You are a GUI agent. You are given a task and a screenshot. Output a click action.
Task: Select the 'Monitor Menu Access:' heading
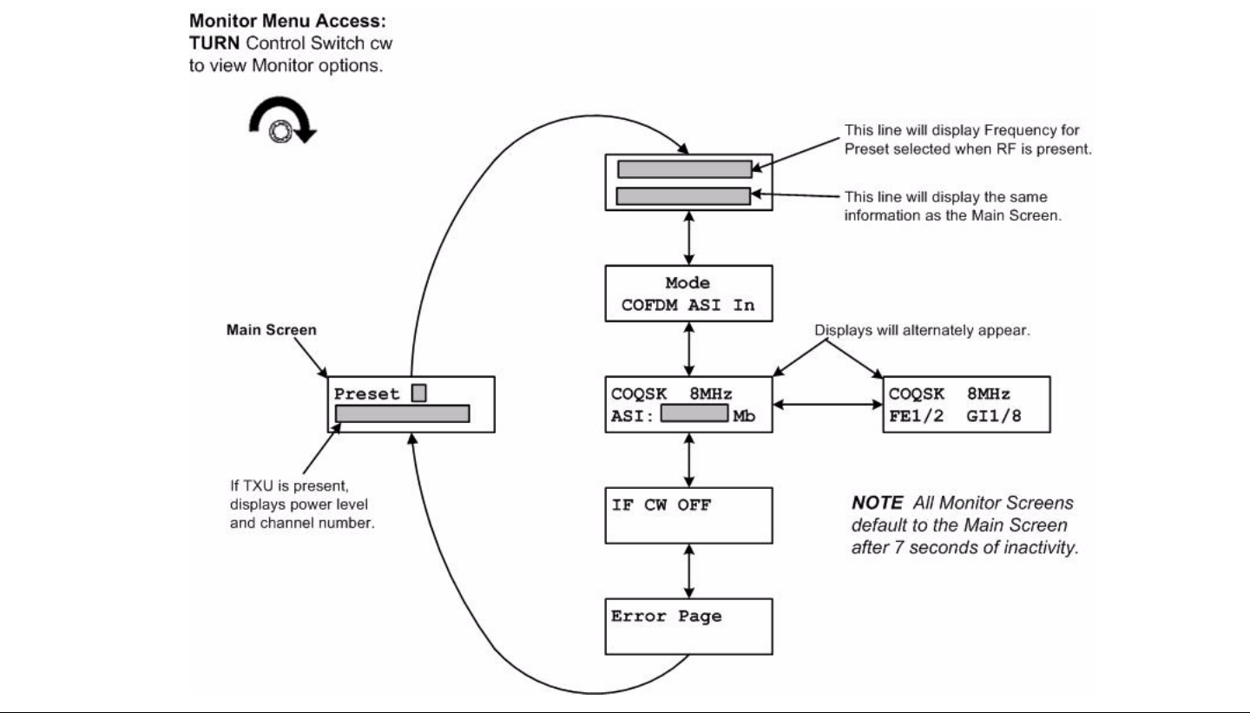[x=287, y=21]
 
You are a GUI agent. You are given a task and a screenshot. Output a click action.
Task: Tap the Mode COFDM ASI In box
[x=688, y=294]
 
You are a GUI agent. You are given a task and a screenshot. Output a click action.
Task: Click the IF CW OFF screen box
[x=688, y=515]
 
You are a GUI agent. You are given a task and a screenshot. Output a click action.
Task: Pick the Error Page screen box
[x=688, y=626]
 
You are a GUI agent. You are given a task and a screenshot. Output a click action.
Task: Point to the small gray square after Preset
[x=419, y=393]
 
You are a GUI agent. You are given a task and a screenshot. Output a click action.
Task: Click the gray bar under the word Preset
[x=403, y=413]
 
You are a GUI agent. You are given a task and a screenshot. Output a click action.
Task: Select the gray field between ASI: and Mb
[x=694, y=413]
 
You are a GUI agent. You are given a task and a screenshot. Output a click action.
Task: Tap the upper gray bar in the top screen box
[x=685, y=169]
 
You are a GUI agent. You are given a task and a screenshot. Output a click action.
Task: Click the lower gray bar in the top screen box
[x=684, y=196]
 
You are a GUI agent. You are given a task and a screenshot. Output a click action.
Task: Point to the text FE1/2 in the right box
[x=917, y=416]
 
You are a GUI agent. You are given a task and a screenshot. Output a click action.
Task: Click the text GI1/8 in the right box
[x=994, y=416]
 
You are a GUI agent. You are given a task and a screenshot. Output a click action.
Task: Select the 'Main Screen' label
[x=271, y=330]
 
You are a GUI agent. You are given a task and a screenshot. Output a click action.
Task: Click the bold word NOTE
[x=877, y=503]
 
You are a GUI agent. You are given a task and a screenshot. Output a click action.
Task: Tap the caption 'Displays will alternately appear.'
[x=923, y=331]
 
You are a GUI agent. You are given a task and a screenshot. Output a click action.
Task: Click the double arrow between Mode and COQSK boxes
[x=689, y=349]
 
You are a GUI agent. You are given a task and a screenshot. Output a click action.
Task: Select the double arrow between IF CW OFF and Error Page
[x=689, y=571]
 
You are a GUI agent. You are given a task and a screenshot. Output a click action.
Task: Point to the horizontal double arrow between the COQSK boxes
[x=827, y=405]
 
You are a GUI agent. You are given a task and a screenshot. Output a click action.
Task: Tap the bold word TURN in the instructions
[x=214, y=43]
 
